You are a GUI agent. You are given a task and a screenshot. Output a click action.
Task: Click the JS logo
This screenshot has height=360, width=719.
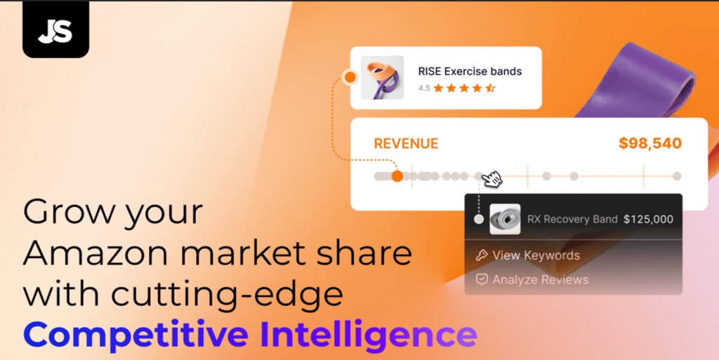55,30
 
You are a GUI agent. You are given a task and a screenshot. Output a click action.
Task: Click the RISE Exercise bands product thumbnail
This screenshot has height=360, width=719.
383,77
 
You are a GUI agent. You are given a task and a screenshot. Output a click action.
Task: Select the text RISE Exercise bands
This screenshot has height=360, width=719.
470,72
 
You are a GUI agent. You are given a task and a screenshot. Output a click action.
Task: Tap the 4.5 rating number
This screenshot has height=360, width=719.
423,88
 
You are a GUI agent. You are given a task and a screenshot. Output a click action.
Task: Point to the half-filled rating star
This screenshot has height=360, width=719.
490,88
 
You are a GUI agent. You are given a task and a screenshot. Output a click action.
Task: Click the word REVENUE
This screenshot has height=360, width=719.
406,144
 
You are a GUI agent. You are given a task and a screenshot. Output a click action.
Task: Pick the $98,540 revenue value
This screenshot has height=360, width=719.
649,143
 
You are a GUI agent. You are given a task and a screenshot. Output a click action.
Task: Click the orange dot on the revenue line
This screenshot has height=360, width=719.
397,176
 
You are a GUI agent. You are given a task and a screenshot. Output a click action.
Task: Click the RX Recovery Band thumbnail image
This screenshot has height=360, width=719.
505,220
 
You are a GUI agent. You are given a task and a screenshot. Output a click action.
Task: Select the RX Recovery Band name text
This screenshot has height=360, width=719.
572,219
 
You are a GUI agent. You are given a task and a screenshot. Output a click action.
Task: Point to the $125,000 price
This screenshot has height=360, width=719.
648,219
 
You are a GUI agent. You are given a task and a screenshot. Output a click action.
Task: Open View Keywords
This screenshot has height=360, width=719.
536,255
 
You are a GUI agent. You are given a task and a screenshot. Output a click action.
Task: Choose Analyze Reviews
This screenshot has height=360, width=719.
540,279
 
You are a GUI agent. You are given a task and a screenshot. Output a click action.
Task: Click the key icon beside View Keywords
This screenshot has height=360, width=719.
482,255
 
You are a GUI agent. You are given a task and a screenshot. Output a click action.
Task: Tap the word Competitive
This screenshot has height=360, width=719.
136,335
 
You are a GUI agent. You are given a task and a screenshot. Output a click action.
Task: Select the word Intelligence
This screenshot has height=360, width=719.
369,335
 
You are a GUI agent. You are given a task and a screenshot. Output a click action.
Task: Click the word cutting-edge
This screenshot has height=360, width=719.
227,294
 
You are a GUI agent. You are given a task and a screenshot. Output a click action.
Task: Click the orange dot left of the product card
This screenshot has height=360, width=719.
350,77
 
